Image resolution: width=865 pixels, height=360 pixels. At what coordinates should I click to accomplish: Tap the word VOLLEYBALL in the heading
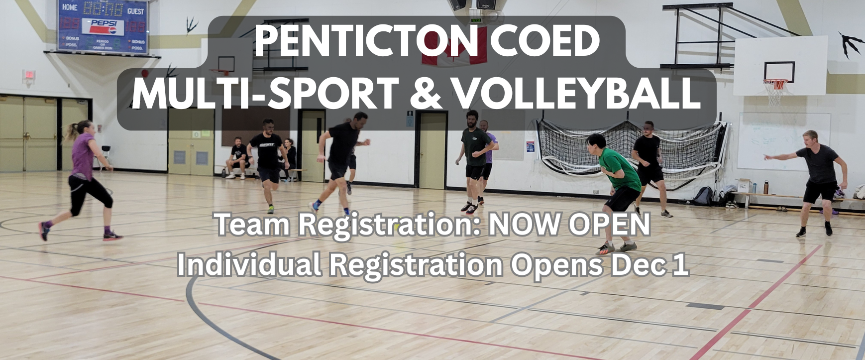(x=577, y=93)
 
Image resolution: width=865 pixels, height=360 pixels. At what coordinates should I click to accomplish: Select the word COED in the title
(x=544, y=41)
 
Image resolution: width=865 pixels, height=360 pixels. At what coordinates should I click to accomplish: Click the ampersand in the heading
(x=426, y=93)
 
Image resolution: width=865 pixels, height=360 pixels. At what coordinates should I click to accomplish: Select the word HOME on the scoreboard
(x=70, y=7)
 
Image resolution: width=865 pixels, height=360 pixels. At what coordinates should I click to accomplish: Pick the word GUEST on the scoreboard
(x=135, y=11)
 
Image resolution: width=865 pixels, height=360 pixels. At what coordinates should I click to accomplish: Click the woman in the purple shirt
(x=83, y=174)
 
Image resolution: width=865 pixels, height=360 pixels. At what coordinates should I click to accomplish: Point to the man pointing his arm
(x=816, y=179)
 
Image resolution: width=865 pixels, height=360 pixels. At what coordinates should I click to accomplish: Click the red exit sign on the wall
(x=29, y=75)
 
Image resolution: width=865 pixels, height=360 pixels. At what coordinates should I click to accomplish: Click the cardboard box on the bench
(x=744, y=185)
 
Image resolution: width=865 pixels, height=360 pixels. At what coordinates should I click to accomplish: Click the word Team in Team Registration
(x=252, y=224)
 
